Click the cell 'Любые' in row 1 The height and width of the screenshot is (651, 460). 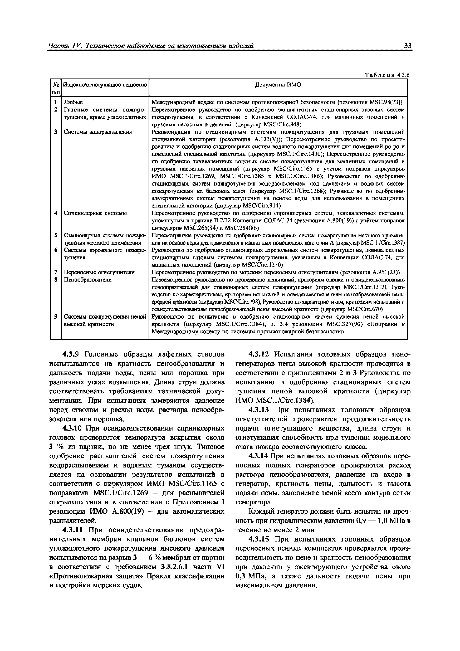pos(73,102)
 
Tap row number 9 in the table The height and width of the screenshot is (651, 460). pos(56,316)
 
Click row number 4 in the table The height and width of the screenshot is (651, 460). pos(56,213)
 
